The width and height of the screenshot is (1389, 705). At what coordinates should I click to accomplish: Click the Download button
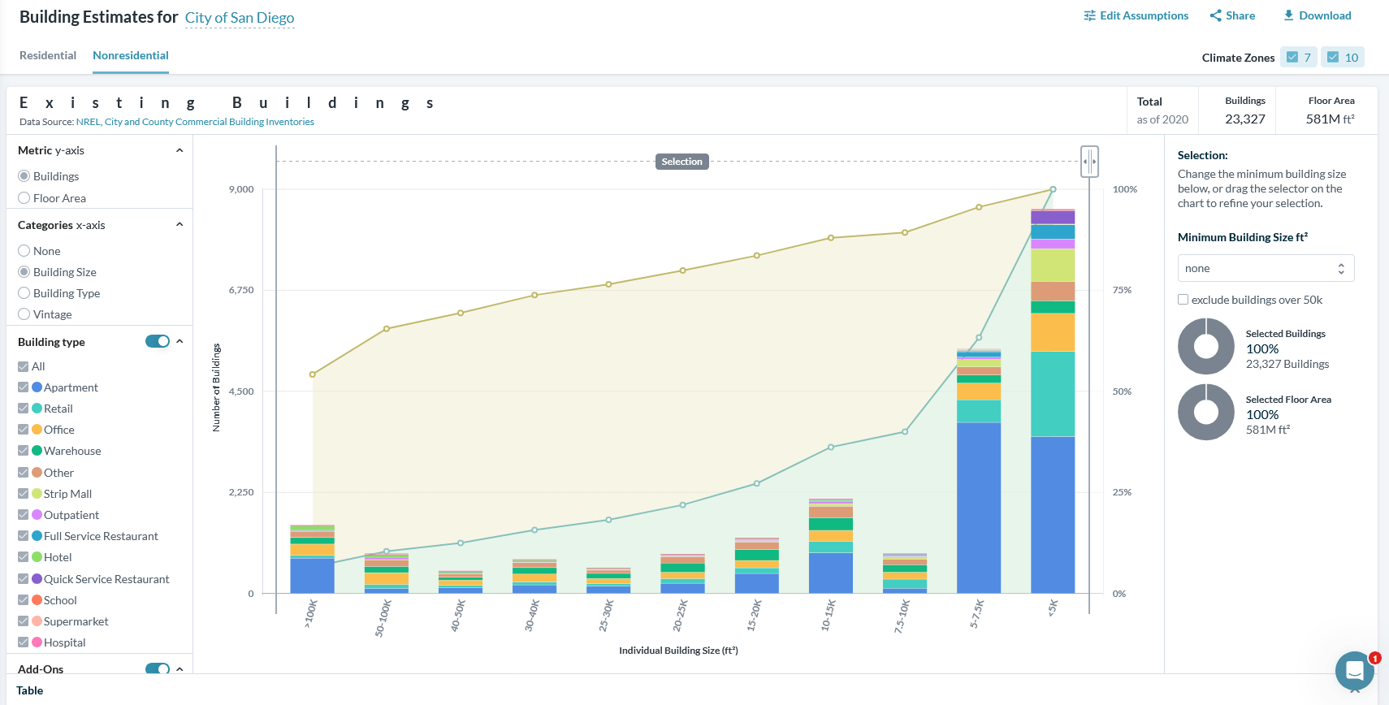[x=1317, y=15]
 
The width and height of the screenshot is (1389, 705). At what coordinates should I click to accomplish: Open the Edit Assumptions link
[x=1136, y=15]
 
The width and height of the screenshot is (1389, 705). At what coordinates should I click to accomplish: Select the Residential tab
[x=48, y=55]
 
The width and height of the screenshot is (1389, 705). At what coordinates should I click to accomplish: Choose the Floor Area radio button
[x=24, y=198]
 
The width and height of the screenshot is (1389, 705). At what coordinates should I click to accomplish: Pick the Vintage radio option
[x=24, y=314]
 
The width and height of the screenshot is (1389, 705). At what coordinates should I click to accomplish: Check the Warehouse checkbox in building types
[x=24, y=451]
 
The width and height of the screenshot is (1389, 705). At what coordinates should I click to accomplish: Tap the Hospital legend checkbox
[x=24, y=642]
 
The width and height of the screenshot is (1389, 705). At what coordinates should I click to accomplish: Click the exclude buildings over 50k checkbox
[x=1183, y=300]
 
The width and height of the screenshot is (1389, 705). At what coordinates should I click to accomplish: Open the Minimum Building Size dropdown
[x=1266, y=269]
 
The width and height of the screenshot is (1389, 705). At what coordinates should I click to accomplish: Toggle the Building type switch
[x=158, y=341]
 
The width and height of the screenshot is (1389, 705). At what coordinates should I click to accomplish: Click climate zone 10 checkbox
[x=1333, y=57]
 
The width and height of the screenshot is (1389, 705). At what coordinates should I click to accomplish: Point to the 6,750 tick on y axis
[x=241, y=290]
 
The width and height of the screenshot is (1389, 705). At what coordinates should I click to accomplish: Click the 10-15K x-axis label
[x=828, y=616]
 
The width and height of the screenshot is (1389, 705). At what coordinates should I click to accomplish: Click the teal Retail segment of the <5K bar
[x=1053, y=394]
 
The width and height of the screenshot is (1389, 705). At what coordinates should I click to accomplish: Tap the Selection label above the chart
[x=682, y=162]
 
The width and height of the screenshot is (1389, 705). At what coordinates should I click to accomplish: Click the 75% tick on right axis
[x=1122, y=290]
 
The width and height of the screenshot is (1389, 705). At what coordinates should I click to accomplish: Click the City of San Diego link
[x=240, y=18]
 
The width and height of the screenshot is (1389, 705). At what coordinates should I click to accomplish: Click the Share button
[x=1232, y=15]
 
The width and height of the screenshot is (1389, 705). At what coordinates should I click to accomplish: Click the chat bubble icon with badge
[x=1354, y=670]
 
